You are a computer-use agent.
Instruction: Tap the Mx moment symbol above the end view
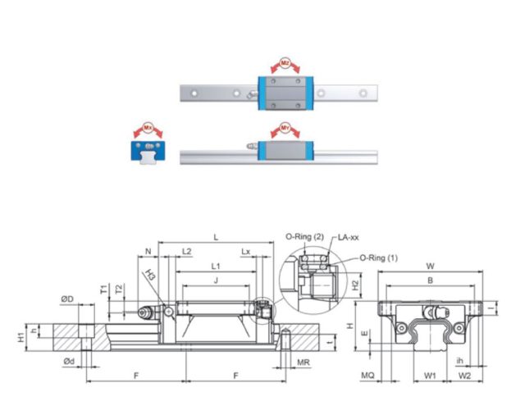[x=148, y=129]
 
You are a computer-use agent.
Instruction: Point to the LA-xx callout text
[x=348, y=237]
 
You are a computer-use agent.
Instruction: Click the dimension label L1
[x=216, y=267]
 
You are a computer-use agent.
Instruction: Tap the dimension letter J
[x=216, y=280]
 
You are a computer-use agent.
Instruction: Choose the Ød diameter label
[x=68, y=361]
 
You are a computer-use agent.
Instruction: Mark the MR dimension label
[x=302, y=361]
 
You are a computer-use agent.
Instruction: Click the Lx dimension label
[x=246, y=250]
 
